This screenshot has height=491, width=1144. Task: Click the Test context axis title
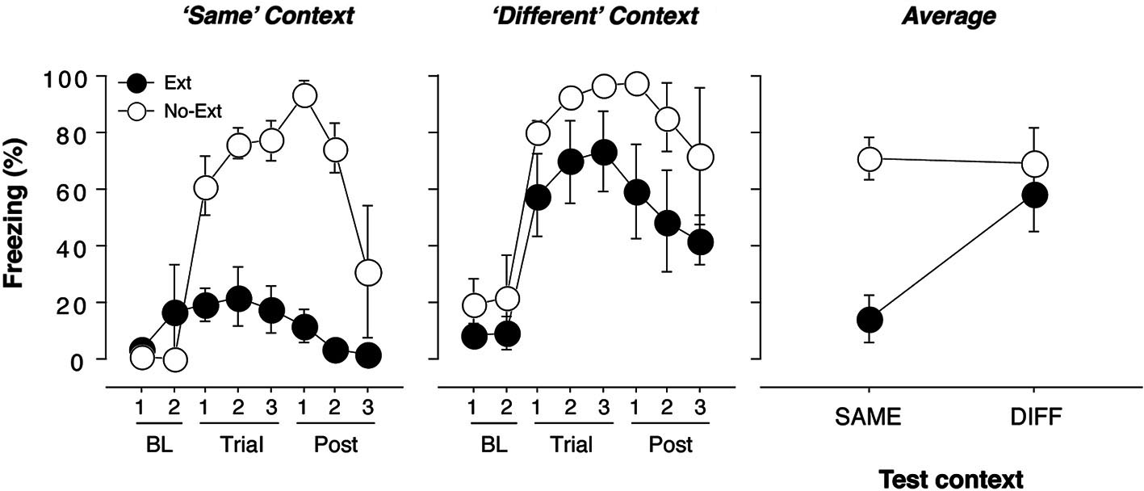pyautogui.click(x=950, y=478)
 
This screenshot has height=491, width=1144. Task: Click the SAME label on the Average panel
pyautogui.click(x=869, y=417)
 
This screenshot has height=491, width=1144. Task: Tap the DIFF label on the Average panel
pyautogui.click(x=1033, y=417)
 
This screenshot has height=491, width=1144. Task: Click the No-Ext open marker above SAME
pyautogui.click(x=870, y=159)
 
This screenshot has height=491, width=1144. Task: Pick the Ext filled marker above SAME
pyautogui.click(x=870, y=320)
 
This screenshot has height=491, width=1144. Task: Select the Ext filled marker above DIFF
pyautogui.click(x=1034, y=195)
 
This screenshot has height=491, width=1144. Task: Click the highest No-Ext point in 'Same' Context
pyautogui.click(x=304, y=95)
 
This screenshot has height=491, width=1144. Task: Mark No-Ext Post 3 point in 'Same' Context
pyautogui.click(x=368, y=274)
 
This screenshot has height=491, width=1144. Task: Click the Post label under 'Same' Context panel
pyautogui.click(x=337, y=445)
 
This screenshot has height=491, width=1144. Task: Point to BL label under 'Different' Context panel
pyautogui.click(x=491, y=445)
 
